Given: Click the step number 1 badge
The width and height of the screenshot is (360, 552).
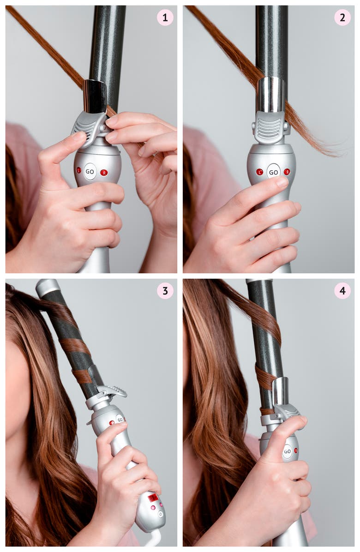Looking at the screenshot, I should click(165, 18).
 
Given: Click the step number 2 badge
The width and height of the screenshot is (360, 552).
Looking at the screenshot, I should click(342, 18).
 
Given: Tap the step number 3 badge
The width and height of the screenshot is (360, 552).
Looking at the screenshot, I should click(165, 291).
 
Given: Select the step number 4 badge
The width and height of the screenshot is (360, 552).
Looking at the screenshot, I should click(342, 291).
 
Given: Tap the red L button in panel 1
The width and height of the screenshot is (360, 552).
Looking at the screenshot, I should click(79, 170).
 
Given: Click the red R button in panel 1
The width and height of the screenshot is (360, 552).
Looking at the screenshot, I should click(104, 172).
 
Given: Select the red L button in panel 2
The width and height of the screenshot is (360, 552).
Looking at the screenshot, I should click(260, 171).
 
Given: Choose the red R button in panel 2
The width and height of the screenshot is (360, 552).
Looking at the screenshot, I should click(287, 171).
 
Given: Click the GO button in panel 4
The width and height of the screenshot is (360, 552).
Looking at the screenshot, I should click(287, 451).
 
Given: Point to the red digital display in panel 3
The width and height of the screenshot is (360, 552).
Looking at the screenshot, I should click(153, 498).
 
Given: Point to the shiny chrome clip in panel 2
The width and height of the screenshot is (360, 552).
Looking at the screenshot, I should click(270, 94).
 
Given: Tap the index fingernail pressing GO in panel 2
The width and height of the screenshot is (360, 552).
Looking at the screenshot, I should click(282, 182).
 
